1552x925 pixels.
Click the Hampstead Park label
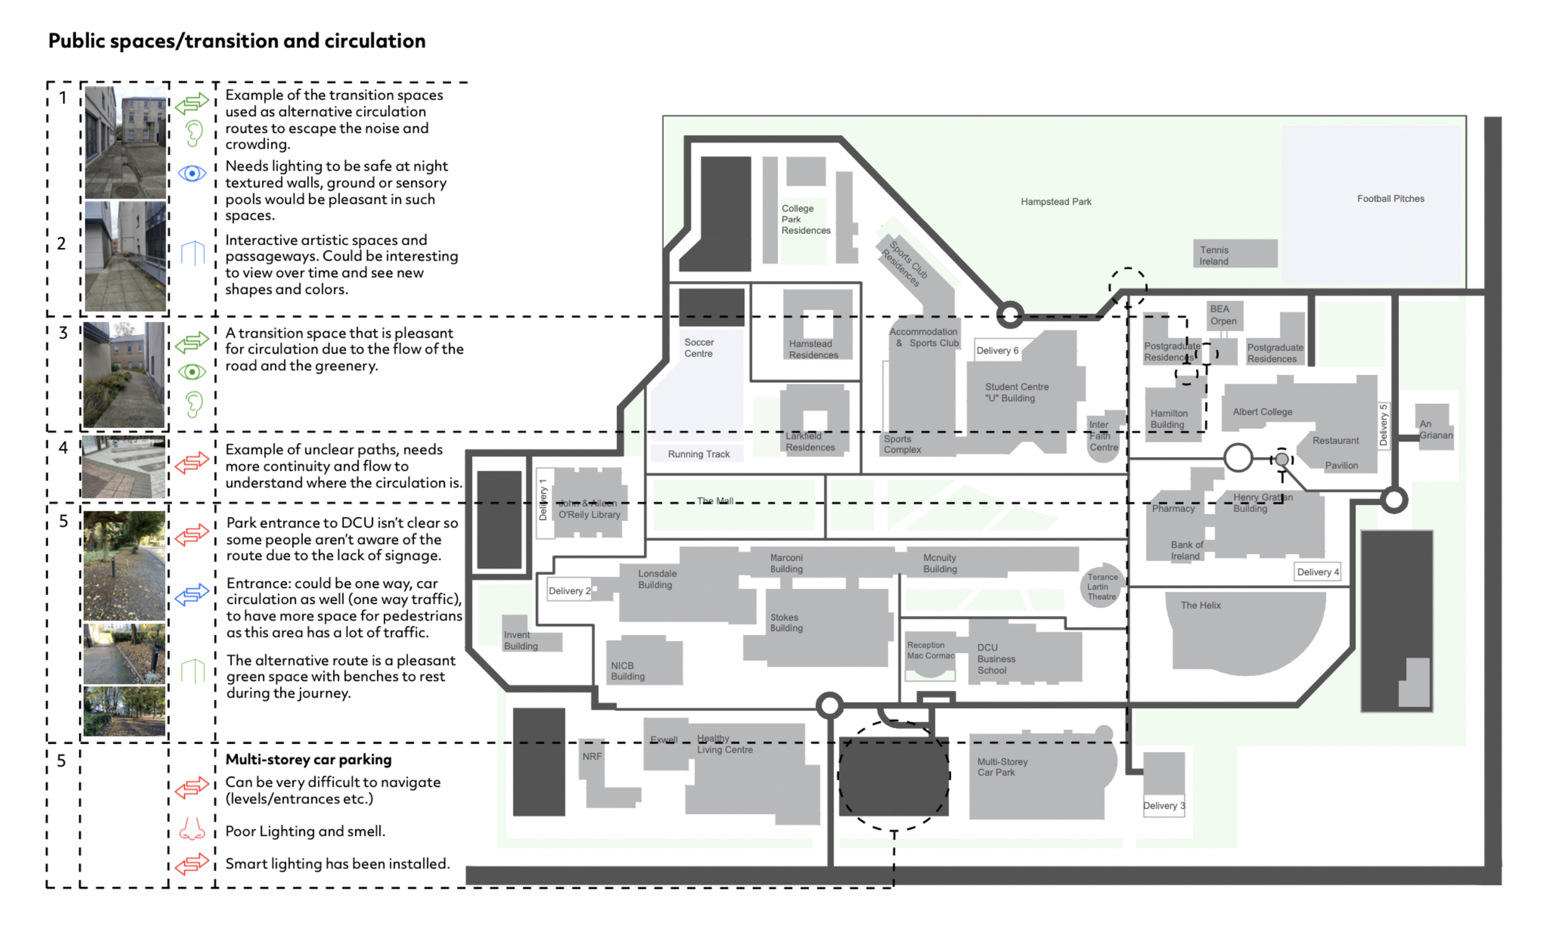tap(1055, 202)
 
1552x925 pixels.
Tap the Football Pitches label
tap(1391, 199)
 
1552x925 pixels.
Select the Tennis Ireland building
tap(1235, 254)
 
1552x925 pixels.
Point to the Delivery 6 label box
tap(998, 351)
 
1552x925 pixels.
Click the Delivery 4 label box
tap(1317, 571)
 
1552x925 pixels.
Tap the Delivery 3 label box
tap(1163, 805)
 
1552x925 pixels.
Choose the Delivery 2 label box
tap(569, 590)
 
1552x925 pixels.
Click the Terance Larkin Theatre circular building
tap(1102, 586)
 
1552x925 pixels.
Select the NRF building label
tap(592, 756)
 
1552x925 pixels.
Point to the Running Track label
tap(698, 454)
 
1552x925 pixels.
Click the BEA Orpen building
tap(1223, 315)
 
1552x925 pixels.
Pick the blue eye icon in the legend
tap(192, 172)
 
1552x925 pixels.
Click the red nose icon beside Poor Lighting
tap(192, 829)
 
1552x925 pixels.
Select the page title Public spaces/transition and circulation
tap(237, 41)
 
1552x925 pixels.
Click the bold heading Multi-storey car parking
tap(309, 759)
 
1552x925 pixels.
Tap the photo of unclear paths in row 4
tap(125, 467)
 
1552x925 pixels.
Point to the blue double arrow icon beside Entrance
tap(192, 594)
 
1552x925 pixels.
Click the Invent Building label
tap(521, 640)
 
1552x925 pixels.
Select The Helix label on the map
tap(1201, 605)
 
